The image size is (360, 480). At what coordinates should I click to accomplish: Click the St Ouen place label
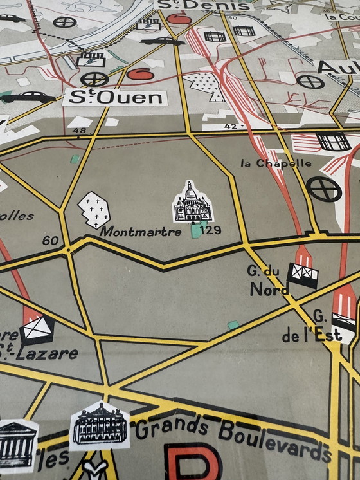(116, 98)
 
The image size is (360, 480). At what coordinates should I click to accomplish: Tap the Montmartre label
(141, 232)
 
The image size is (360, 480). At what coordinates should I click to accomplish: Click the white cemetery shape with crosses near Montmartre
(93, 209)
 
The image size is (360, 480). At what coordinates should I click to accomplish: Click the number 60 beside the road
(50, 241)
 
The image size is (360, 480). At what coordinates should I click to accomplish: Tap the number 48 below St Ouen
(80, 131)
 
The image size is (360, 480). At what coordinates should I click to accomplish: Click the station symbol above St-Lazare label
(37, 331)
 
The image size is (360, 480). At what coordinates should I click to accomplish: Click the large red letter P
(192, 462)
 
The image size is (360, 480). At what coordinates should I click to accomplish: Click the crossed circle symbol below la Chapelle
(324, 188)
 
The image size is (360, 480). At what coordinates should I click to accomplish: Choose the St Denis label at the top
(203, 6)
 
